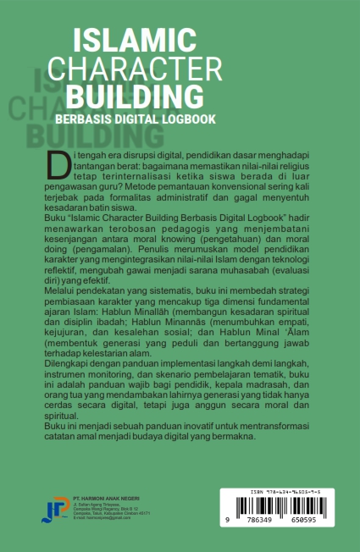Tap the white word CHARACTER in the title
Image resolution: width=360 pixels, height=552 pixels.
click(x=135, y=67)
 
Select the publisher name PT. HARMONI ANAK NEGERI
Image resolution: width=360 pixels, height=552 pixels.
click(x=107, y=497)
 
